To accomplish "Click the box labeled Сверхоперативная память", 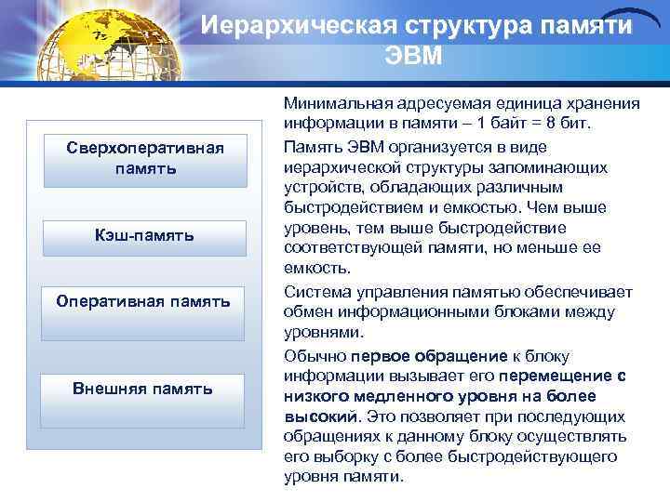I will (x=145, y=159).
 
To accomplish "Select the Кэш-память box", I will (x=145, y=236).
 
